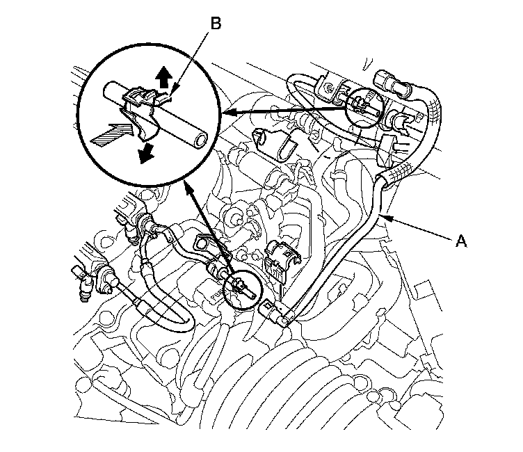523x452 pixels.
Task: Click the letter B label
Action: point(216,24)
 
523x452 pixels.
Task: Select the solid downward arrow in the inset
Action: point(145,153)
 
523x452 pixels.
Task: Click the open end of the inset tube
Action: point(200,140)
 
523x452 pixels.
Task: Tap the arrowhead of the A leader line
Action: point(383,218)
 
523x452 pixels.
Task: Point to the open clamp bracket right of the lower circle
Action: point(280,258)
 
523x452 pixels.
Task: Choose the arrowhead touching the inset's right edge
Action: point(227,111)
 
